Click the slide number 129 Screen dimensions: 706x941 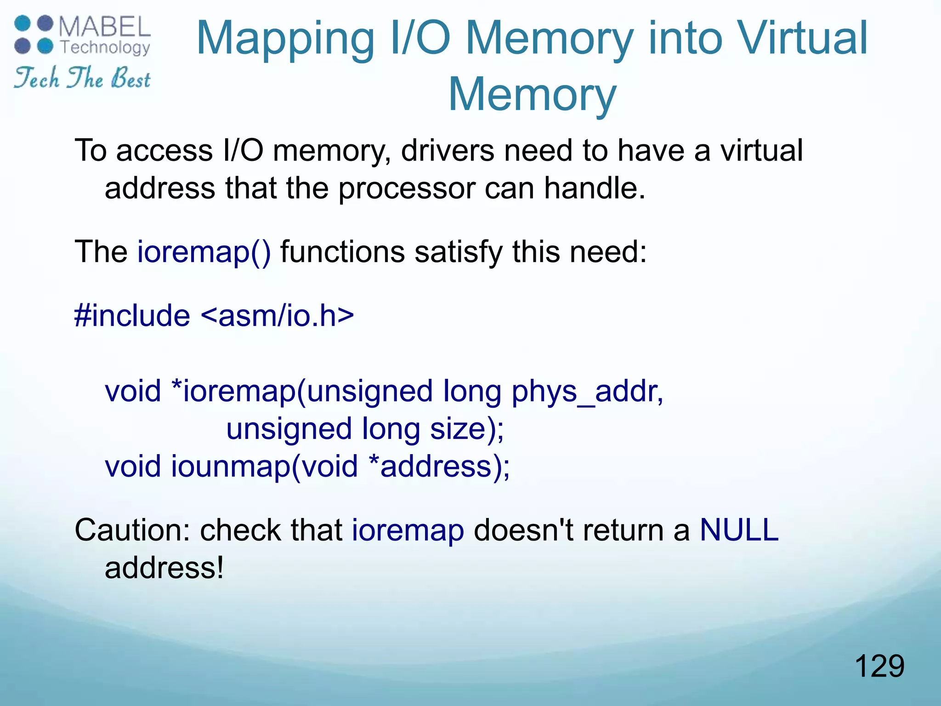pyautogui.click(x=879, y=666)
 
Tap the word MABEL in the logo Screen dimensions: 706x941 pyautogui.click(x=105, y=27)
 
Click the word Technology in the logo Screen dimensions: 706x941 pyautogui.click(x=105, y=47)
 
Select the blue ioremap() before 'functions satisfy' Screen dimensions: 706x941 pyautogui.click(x=204, y=252)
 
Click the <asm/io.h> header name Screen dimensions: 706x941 pyautogui.click(x=278, y=316)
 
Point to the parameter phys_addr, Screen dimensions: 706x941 pyautogui.click(x=587, y=391)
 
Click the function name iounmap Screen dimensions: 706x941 pyautogui.click(x=231, y=467)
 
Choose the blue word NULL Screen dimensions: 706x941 pyautogui.click(x=739, y=530)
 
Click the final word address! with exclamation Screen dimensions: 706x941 pyautogui.click(x=164, y=568)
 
